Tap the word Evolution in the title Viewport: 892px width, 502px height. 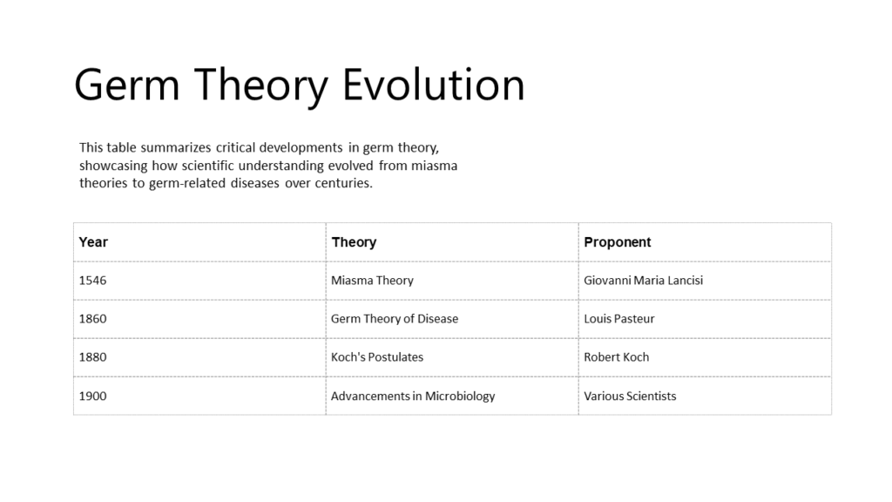click(x=433, y=85)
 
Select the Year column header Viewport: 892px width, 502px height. click(x=93, y=241)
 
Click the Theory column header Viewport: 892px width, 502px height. click(x=354, y=241)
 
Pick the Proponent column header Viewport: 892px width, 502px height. click(x=617, y=241)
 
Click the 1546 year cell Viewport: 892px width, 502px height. click(x=92, y=280)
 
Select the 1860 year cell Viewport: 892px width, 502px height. click(x=92, y=318)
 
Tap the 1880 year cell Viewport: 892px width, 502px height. click(x=92, y=356)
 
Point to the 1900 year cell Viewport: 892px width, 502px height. click(x=92, y=396)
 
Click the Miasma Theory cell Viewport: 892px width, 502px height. click(x=372, y=280)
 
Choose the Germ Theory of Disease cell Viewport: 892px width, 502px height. click(x=394, y=318)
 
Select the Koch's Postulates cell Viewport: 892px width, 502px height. click(x=376, y=356)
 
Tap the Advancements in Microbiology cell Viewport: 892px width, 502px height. click(x=413, y=396)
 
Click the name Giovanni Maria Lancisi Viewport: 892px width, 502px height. click(x=643, y=280)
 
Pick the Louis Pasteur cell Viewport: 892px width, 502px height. click(x=618, y=318)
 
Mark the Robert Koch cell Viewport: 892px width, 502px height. click(x=616, y=356)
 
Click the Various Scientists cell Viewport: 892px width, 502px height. click(x=630, y=396)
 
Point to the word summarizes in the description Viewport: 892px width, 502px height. click(x=178, y=147)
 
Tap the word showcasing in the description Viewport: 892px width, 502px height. click(x=113, y=166)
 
